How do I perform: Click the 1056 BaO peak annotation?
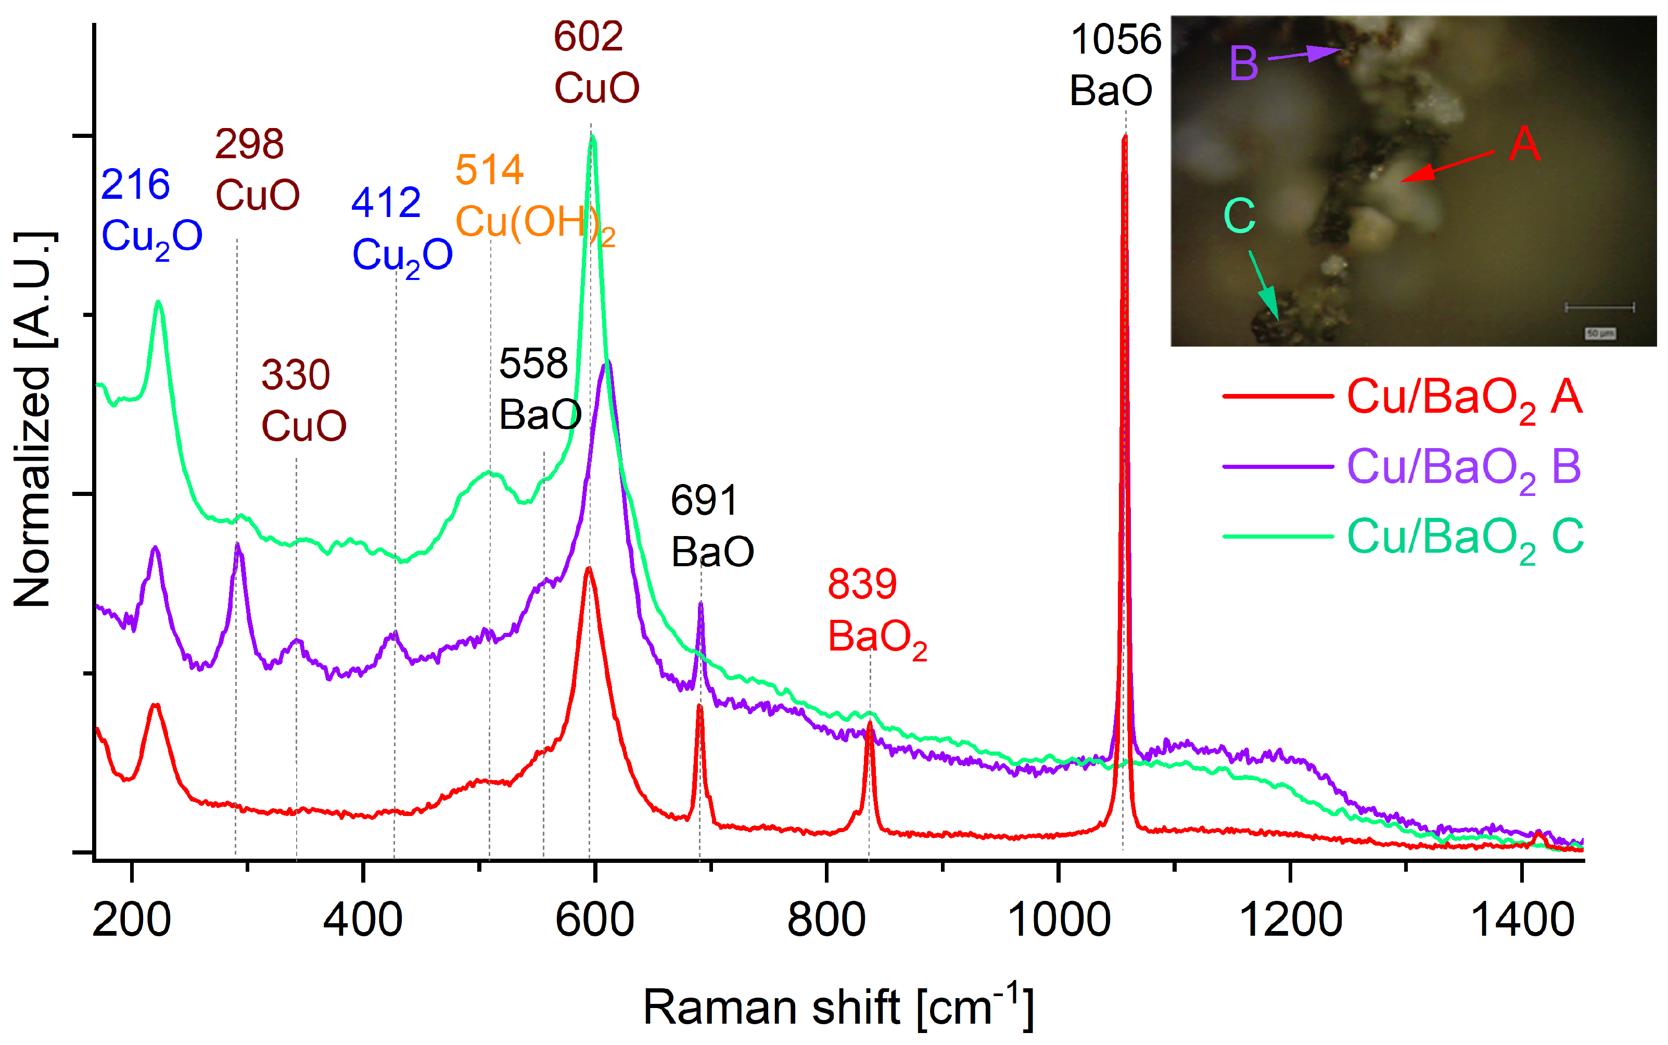coord(1114,65)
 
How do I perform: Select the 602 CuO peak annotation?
coord(595,62)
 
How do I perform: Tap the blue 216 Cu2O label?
coord(150,211)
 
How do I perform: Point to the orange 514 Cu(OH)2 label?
coord(533,197)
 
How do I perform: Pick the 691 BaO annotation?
coord(711,526)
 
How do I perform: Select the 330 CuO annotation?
coord(303,400)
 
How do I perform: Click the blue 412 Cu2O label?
coord(401,230)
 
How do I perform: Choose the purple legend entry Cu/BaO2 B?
coord(1463,468)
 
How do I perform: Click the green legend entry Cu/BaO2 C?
coord(1463,538)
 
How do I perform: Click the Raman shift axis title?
coord(838,1007)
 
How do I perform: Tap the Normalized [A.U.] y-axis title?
coord(33,419)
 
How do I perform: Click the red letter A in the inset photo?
coord(1524,145)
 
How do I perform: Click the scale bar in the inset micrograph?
coord(1599,307)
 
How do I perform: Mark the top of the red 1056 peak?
coord(1125,137)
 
